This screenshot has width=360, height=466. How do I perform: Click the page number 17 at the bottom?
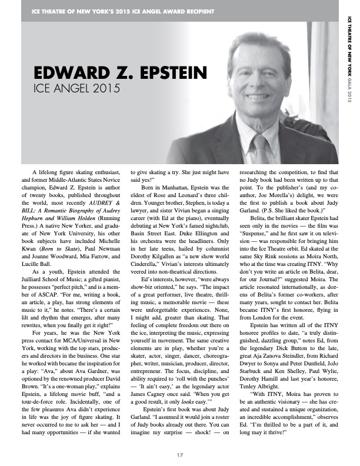click(x=180, y=453)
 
